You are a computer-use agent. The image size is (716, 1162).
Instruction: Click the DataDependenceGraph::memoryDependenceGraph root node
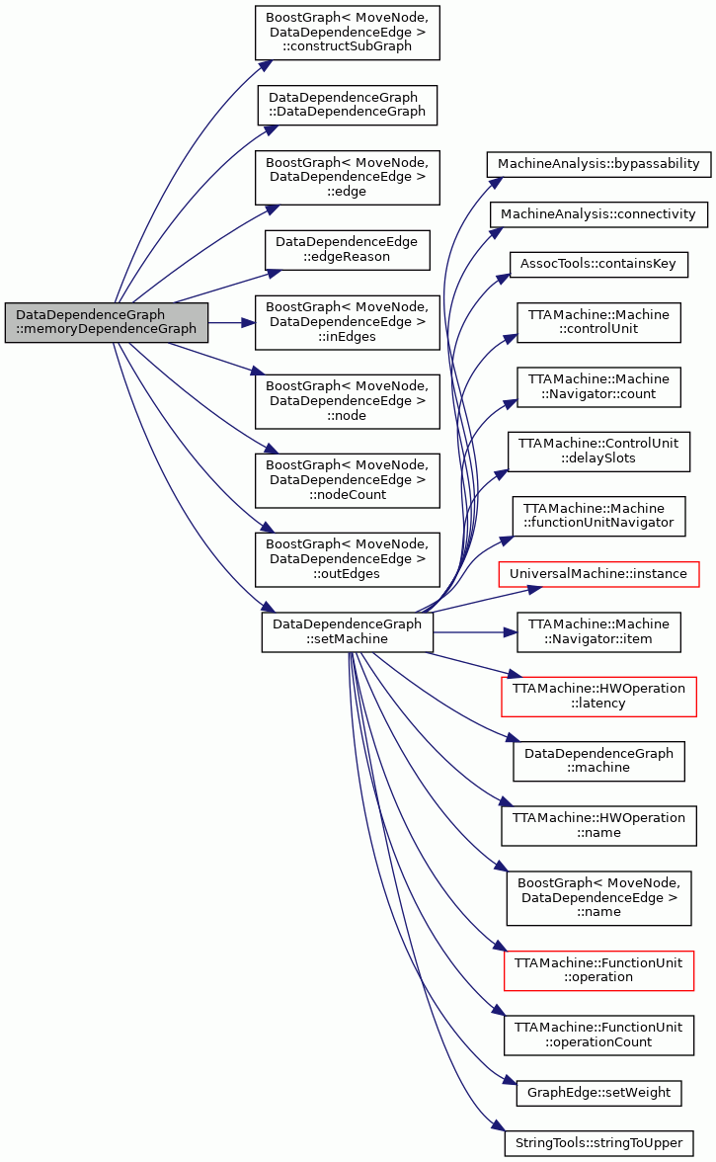pos(106,322)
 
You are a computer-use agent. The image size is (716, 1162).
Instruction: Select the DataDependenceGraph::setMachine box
pos(348,632)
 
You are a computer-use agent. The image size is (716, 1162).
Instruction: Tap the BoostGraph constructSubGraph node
pos(348,33)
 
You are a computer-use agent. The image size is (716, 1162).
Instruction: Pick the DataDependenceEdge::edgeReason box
pos(348,250)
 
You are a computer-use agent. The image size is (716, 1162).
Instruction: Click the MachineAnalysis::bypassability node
pos(598,164)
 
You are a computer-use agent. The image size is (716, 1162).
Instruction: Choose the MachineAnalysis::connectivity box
pos(598,214)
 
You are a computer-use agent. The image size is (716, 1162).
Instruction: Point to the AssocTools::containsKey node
pos(598,265)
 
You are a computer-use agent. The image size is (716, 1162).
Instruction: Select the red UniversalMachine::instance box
pos(598,574)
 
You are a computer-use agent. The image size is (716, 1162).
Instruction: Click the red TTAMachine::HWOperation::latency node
pos(598,697)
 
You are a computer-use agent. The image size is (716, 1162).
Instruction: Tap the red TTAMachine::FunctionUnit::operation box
pos(598,970)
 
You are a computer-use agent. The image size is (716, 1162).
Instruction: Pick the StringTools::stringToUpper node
pos(598,1142)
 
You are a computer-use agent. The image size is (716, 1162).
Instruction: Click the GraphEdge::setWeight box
pos(598,1093)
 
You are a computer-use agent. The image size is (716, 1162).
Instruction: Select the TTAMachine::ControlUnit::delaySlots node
pos(598,452)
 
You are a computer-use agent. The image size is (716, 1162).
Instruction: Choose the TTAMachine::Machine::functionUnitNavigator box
pos(598,517)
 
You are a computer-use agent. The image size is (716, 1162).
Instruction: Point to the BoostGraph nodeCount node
pos(348,480)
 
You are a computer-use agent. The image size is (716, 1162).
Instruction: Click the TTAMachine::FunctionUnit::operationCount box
pos(598,1036)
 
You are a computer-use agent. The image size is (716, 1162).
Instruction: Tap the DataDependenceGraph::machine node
pos(598,761)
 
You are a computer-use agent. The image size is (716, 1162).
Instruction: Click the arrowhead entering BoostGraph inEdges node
pos(250,323)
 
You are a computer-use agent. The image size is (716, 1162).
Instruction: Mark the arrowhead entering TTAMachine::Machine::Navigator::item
pos(511,632)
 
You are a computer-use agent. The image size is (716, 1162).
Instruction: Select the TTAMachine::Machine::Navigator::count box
pos(598,387)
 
